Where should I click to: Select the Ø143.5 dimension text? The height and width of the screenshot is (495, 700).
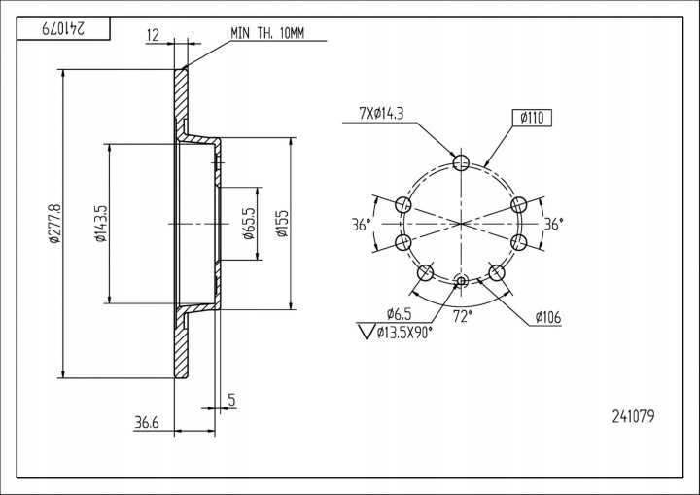pos(100,224)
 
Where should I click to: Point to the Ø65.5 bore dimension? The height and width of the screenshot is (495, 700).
pos(249,224)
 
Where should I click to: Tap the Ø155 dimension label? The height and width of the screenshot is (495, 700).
pos(282,224)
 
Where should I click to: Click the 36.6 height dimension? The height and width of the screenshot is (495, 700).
pos(146,421)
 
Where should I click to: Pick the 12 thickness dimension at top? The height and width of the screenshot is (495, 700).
pos(153,35)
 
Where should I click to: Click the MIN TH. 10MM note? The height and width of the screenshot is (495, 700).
pos(267,33)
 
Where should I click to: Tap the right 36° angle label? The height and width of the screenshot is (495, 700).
pos(554,224)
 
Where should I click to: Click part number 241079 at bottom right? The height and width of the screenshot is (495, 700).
pos(633,417)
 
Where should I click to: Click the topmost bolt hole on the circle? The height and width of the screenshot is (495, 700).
pos(462,162)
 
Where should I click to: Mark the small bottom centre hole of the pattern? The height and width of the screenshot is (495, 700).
pos(462,283)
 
